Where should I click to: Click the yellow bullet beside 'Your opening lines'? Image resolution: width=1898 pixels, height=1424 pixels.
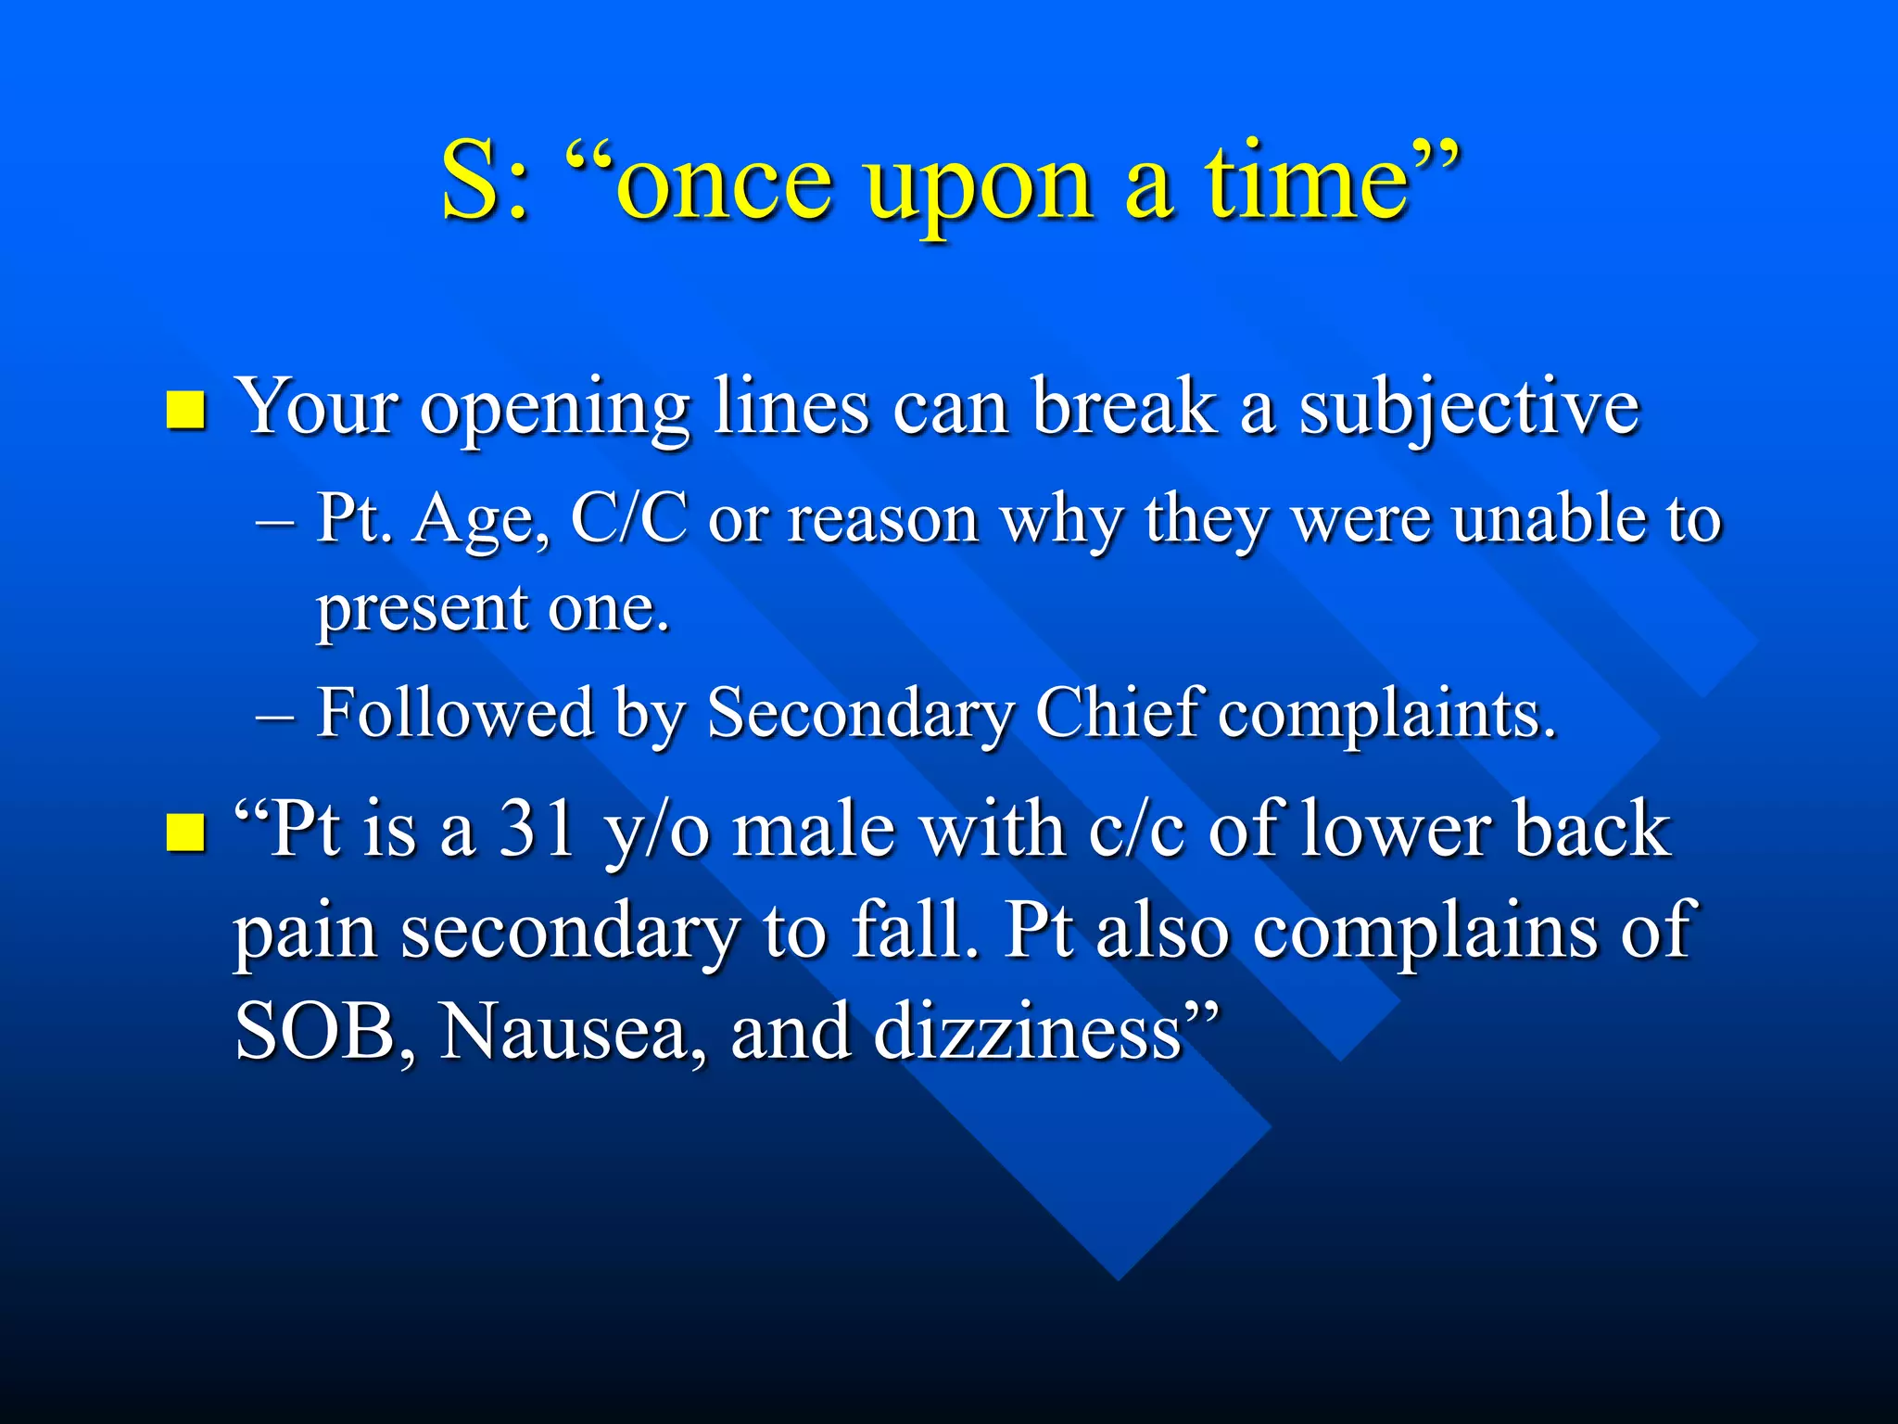(185, 411)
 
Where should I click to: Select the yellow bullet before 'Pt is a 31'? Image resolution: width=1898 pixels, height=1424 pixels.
(185, 832)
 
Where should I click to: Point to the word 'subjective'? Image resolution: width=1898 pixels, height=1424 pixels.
(1469, 411)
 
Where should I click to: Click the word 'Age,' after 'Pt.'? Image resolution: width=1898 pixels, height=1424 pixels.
(481, 522)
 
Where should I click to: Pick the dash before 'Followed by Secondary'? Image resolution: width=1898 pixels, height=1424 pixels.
(274, 717)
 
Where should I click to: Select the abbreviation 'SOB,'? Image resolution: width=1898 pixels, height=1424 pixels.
(323, 1034)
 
